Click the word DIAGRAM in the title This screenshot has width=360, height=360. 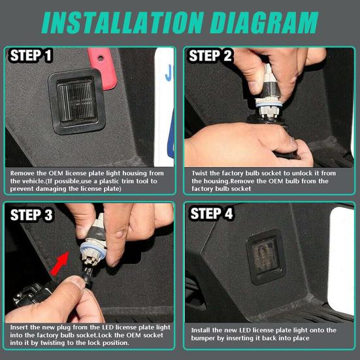pyautogui.click(x=264, y=23)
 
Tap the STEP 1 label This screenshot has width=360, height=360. pyautogui.click(x=31, y=56)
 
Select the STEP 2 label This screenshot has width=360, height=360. pyautogui.click(x=210, y=56)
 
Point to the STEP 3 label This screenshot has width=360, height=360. pyautogui.click(x=31, y=215)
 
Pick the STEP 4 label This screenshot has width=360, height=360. pyautogui.click(x=212, y=214)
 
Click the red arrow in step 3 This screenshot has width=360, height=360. pyautogui.click(x=59, y=263)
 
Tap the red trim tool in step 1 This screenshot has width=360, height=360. pyautogui.click(x=103, y=69)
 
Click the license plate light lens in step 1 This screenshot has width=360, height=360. pyautogui.click(x=77, y=101)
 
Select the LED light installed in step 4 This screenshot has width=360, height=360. pyautogui.click(x=266, y=257)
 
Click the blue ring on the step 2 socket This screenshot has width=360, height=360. pyautogui.click(x=269, y=105)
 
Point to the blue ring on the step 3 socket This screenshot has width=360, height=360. pyautogui.click(x=93, y=250)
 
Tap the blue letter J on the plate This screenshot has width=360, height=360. pyautogui.click(x=169, y=73)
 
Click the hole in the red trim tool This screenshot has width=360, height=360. pyautogui.click(x=101, y=58)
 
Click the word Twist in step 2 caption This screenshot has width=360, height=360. pyautogui.click(x=200, y=173)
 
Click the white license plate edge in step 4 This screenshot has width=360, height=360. pyautogui.click(x=340, y=261)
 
